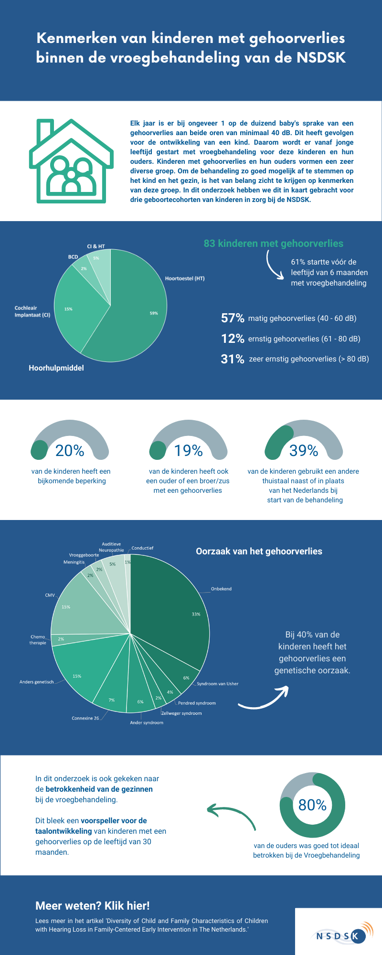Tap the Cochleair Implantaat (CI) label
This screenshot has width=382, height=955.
[x=32, y=311]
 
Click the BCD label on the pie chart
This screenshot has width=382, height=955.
[x=73, y=257]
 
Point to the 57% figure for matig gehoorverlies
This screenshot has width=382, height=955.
[x=233, y=318]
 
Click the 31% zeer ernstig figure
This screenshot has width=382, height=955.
[x=233, y=359]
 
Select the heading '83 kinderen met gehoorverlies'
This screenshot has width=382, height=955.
[x=273, y=244]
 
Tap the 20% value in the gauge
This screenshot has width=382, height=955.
[x=70, y=450]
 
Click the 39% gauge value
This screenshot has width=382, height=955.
[x=304, y=450]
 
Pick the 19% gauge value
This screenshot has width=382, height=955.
[x=188, y=450]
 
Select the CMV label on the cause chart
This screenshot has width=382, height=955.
[x=50, y=595]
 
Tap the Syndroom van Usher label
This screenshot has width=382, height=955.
[x=217, y=684]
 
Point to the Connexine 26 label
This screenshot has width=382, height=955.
[x=85, y=718]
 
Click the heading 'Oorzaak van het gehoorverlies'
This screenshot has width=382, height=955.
[x=259, y=552]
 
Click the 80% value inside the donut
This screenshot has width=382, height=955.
[x=312, y=805]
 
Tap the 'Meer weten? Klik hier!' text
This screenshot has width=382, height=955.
[x=93, y=906]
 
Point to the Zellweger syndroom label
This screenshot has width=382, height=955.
[x=181, y=713]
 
